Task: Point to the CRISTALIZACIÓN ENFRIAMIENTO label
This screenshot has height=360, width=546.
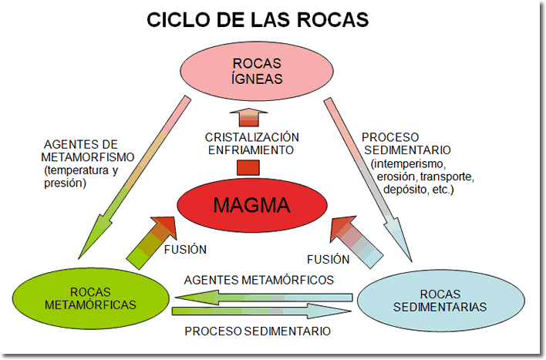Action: point(249,143)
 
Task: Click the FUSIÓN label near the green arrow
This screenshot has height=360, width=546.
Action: point(185,250)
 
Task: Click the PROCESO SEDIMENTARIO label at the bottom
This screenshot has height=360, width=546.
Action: point(258,331)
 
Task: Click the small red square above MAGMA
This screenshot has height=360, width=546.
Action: point(248,167)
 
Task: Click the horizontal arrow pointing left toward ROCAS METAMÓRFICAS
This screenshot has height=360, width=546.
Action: point(262,295)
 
